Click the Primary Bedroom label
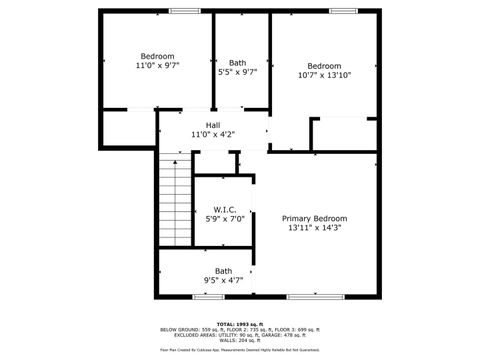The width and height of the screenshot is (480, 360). [314, 218]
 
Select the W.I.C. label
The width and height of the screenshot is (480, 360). [223, 209]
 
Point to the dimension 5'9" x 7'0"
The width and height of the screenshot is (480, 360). [223, 220]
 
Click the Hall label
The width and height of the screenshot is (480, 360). [212, 125]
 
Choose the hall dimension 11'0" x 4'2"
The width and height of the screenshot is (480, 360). [212, 135]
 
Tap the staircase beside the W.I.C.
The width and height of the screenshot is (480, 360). [174, 204]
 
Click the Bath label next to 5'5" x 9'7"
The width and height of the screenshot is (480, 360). [237, 62]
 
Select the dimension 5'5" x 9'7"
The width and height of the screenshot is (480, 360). [237, 72]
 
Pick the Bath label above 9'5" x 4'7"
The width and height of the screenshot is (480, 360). [223, 270]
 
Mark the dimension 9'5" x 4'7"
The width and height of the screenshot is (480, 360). [223, 281]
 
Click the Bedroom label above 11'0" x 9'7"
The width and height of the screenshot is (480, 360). [157, 56]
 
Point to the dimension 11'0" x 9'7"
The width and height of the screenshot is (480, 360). [157, 66]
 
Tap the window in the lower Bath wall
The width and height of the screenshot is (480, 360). [208, 297]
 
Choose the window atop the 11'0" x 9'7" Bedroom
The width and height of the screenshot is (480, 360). [183, 11]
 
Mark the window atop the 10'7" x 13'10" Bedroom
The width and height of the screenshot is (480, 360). [343, 11]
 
